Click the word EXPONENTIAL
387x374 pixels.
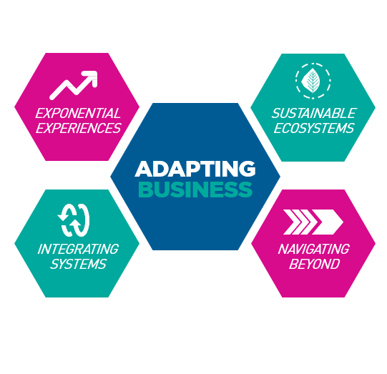(x=78, y=113)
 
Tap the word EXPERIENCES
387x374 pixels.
(x=79, y=128)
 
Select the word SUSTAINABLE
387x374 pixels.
(x=315, y=113)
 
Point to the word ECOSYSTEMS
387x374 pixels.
(x=314, y=128)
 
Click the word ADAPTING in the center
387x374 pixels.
(x=195, y=169)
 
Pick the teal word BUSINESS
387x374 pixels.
(x=195, y=190)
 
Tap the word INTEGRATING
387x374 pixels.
(x=78, y=249)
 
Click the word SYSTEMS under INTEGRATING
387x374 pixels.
(x=78, y=264)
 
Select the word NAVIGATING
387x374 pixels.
(x=314, y=249)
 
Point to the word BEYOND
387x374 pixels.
(x=314, y=264)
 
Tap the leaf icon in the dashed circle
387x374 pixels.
(x=313, y=81)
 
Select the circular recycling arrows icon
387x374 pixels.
(x=74, y=220)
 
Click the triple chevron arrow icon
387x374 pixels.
(x=313, y=222)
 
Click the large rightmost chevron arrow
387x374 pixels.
(x=328, y=222)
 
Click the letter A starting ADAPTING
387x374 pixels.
(x=143, y=169)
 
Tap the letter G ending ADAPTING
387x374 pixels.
(x=248, y=169)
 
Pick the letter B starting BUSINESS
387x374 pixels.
(x=146, y=190)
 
